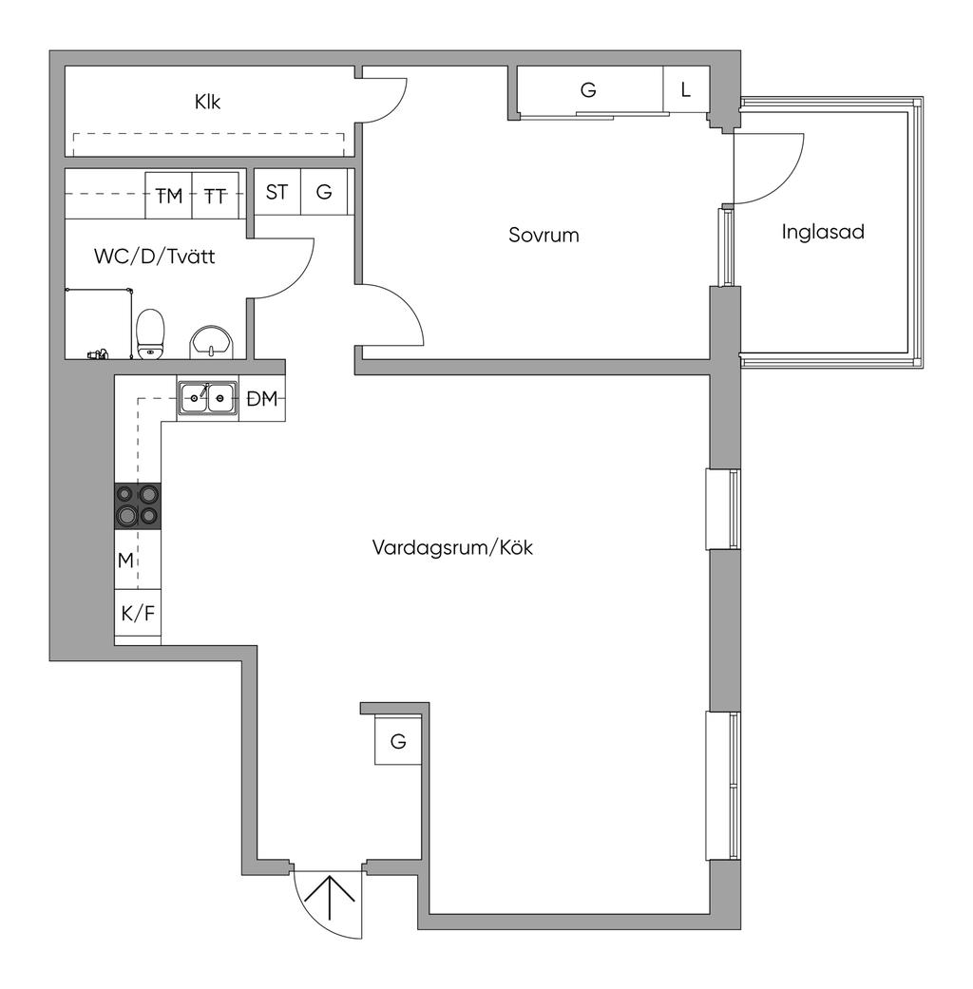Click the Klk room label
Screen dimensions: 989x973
click(x=207, y=102)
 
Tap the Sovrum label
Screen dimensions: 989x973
click(x=544, y=235)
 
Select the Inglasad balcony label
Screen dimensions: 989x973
click(x=823, y=231)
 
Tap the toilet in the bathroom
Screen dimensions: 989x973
click(x=150, y=333)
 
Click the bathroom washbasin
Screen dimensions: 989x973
click(x=211, y=342)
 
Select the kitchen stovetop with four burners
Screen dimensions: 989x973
click(x=138, y=505)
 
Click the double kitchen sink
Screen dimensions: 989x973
click(x=207, y=399)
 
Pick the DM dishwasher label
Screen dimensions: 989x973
click(x=261, y=400)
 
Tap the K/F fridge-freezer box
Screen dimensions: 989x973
click(x=138, y=614)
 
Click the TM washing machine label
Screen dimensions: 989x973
click(x=169, y=196)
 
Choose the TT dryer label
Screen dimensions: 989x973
click(x=216, y=196)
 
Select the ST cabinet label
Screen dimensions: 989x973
click(x=277, y=192)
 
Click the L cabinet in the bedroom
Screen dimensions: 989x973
click(x=686, y=91)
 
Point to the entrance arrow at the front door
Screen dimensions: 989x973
click(x=329, y=898)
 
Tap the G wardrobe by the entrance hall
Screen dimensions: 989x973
click(x=398, y=741)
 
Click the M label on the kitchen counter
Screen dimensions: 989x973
click(x=125, y=561)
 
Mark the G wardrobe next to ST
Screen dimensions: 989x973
click(x=324, y=192)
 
